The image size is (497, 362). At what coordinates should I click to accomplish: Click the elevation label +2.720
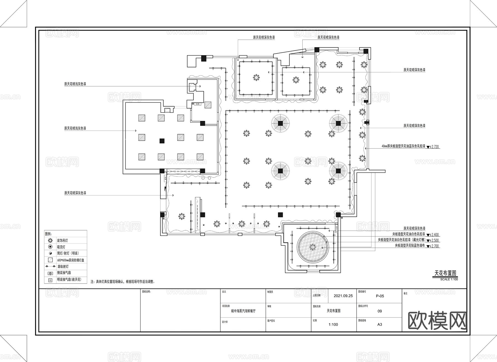pyautogui.click(x=434, y=147)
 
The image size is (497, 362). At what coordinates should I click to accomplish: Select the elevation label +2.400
pyautogui.click(x=434, y=235)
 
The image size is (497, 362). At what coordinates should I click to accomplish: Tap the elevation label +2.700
pyautogui.click(x=434, y=246)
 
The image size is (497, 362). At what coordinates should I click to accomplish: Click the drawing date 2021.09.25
pyautogui.click(x=343, y=296)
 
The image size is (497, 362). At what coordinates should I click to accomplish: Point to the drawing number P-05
pyautogui.click(x=380, y=296)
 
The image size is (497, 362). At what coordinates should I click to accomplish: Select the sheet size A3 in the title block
pyautogui.click(x=380, y=324)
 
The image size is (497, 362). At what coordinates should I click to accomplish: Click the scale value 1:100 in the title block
pyautogui.click(x=333, y=324)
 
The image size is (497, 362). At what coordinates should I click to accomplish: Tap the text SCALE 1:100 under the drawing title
pyautogui.click(x=449, y=279)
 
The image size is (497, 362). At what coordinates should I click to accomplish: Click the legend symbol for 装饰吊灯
pyautogui.click(x=50, y=241)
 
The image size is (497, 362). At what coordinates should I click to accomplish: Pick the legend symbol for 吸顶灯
pyautogui.click(x=50, y=247)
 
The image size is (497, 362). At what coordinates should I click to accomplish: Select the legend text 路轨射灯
pyautogui.click(x=63, y=266)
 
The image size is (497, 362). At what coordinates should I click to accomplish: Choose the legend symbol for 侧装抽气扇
pyautogui.click(x=50, y=273)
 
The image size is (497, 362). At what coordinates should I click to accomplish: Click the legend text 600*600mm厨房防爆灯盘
pyautogui.click(x=70, y=260)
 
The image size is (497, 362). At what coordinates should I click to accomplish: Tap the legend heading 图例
pyautogui.click(x=48, y=234)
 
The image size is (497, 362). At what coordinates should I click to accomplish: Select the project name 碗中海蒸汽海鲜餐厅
pyautogui.click(x=243, y=311)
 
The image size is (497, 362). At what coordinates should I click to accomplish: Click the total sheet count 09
pyautogui.click(x=380, y=311)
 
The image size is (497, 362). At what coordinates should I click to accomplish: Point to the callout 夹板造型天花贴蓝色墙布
pyautogui.click(x=410, y=245)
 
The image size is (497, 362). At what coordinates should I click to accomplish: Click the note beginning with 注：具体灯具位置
pyautogui.click(x=123, y=282)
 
